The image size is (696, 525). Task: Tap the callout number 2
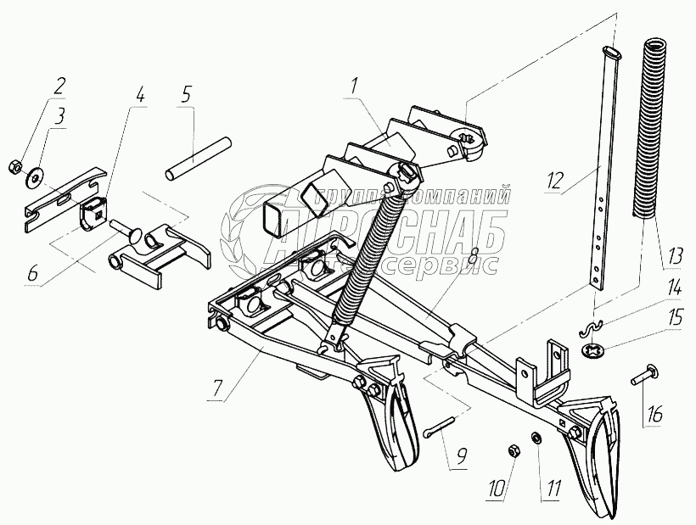pos(59,86)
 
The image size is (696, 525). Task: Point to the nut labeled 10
pos(514,447)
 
